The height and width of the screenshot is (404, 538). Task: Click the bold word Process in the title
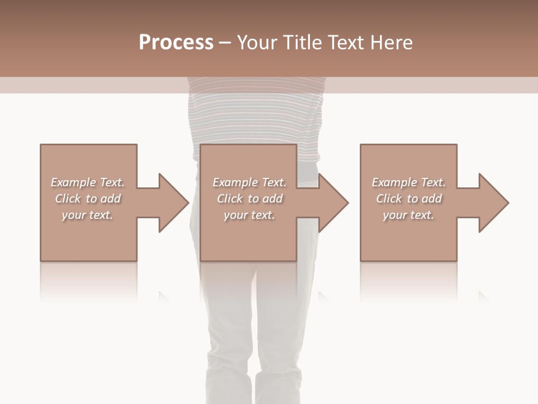[x=176, y=43]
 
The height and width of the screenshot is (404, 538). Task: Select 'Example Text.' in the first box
[x=87, y=182]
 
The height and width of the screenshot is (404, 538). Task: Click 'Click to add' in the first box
[x=87, y=199]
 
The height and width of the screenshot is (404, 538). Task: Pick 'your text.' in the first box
[x=87, y=215]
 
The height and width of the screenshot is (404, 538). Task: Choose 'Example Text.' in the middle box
[x=249, y=182]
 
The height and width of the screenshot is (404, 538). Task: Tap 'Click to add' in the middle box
[x=249, y=199]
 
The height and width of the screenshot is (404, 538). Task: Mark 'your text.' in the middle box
[x=249, y=215]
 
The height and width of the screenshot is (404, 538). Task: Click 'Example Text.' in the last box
[x=409, y=182]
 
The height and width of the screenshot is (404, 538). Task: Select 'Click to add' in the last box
[x=409, y=199]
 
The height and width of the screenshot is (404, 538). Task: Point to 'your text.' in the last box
[x=409, y=215]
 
